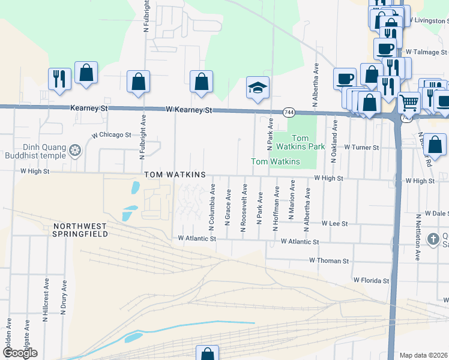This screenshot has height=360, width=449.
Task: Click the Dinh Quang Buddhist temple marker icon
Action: pyautogui.click(x=76, y=149)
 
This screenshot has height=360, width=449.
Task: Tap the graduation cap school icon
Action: pyautogui.click(x=258, y=88)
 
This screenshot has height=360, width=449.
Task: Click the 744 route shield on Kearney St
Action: pyautogui.click(x=289, y=112)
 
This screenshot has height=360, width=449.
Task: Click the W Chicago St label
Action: pyautogui.click(x=111, y=135)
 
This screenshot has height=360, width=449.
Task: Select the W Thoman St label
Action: pyautogui.click(x=329, y=261)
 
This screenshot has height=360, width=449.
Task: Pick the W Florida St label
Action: pyautogui.click(x=371, y=280)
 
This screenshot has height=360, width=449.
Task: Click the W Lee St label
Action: pyautogui.click(x=334, y=223)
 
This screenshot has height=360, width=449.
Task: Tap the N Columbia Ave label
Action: pyautogui.click(x=212, y=210)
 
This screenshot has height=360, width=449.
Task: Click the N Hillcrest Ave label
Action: pyautogui.click(x=46, y=300)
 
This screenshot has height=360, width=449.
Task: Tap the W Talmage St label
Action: pyautogui.click(x=426, y=52)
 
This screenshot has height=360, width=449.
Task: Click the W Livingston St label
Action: pyautogui.click(x=429, y=20)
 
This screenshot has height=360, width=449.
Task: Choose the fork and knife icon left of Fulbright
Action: pyautogui.click(x=59, y=79)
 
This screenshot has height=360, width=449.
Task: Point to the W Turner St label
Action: pyautogui.click(x=362, y=147)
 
